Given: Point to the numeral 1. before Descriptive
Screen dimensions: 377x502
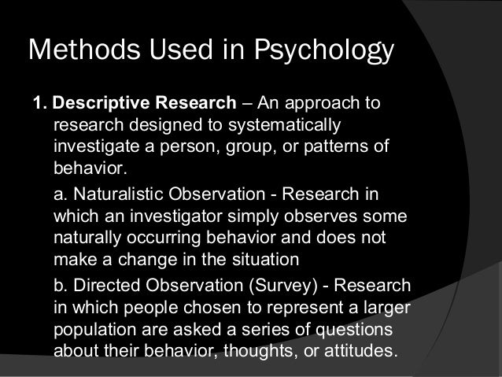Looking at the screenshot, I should [x=38, y=105].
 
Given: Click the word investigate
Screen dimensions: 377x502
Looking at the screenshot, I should [x=96, y=150].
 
